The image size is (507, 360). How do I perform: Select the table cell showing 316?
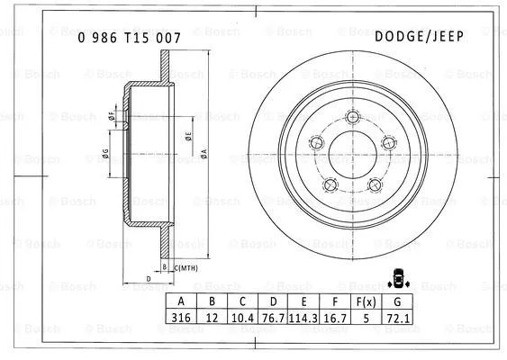(181, 318)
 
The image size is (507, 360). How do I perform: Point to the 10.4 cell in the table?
(241, 318)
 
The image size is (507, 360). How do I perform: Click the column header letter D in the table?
(272, 301)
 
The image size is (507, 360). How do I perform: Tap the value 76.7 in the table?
(272, 318)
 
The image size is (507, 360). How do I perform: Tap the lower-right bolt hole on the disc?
(373, 184)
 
